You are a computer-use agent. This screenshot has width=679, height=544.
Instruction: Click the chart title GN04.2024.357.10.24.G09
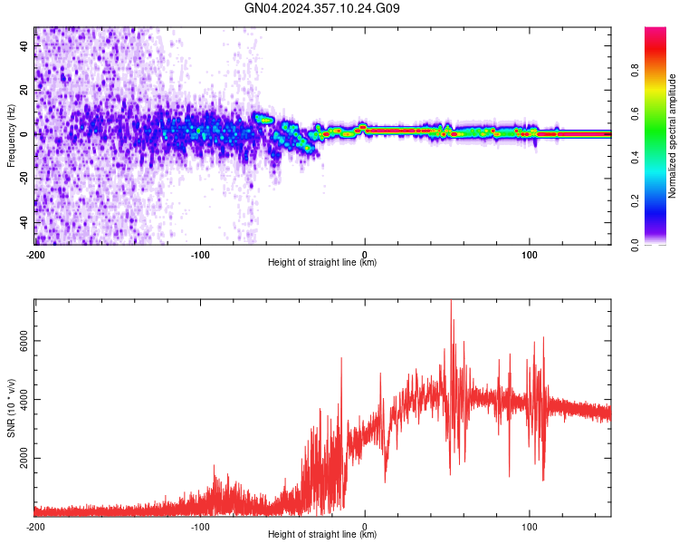pyautogui.click(x=322, y=8)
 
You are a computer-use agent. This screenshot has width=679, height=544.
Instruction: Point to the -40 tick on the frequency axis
pyautogui.click(x=23, y=222)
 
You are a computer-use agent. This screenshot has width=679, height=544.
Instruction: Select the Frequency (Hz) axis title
pyautogui.click(x=11, y=135)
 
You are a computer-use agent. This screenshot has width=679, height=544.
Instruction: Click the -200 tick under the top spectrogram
pyautogui.click(x=35, y=254)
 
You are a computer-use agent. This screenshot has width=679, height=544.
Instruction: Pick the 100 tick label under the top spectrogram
pyautogui.click(x=530, y=254)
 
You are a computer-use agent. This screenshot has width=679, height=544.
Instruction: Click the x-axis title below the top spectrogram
pyautogui.click(x=322, y=263)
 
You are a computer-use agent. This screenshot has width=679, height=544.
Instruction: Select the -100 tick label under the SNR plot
pyautogui.click(x=200, y=527)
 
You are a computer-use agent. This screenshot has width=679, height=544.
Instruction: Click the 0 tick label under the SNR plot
pyautogui.click(x=365, y=527)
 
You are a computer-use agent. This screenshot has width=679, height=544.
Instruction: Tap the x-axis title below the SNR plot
pyautogui.click(x=322, y=536)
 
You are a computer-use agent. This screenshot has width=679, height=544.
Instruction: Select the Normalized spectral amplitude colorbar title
pyautogui.click(x=673, y=136)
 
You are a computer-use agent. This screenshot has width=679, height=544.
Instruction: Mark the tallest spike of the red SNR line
pyautogui.click(x=451, y=302)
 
